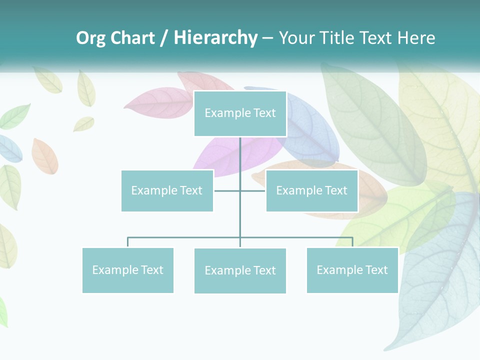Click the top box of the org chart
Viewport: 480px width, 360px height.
(240, 113)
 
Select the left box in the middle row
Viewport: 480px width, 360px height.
(167, 190)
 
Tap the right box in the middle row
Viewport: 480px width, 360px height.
(311, 190)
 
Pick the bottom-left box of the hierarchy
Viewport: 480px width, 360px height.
(128, 270)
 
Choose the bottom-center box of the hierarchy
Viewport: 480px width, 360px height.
(240, 270)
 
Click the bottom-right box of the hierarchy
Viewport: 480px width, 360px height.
(352, 270)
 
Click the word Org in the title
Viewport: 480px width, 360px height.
(90, 38)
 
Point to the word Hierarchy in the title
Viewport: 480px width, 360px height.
(215, 38)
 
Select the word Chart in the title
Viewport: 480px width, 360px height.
(132, 38)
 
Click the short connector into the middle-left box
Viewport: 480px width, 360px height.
(226, 190)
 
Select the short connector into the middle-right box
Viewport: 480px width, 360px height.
(253, 190)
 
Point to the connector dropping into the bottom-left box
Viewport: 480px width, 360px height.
(128, 242)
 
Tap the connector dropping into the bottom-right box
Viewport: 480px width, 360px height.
(352, 242)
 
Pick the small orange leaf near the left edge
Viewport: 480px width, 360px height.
(44, 156)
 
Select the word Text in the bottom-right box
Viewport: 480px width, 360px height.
(376, 270)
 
